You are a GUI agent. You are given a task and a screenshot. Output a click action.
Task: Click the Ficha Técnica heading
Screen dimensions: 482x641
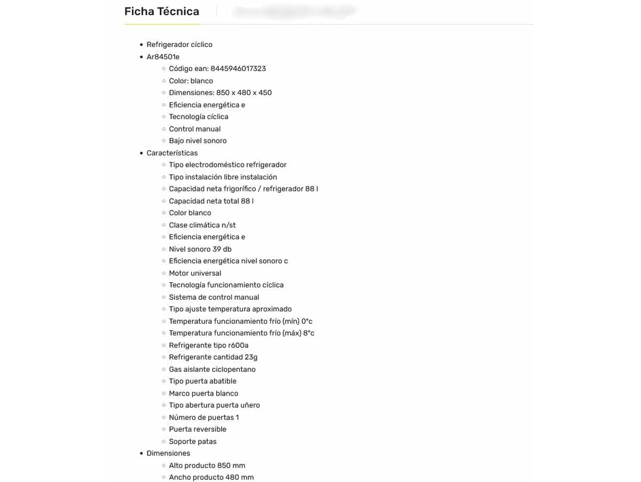click(162, 12)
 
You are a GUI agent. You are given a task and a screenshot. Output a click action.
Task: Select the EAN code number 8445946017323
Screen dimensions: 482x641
click(238, 68)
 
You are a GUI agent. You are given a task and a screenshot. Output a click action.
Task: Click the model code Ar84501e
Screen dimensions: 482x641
click(163, 57)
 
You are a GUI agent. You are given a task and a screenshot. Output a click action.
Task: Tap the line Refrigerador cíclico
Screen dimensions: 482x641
click(179, 44)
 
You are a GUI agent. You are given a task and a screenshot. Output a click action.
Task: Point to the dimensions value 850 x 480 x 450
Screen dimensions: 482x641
click(244, 92)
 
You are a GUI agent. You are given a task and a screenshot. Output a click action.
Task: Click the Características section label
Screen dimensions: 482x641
click(172, 153)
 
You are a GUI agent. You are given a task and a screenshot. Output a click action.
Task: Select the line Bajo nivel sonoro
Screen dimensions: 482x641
click(198, 141)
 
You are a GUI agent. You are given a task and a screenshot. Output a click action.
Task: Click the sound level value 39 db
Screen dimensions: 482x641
click(222, 249)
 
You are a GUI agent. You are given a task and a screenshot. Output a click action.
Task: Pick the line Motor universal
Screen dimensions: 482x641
click(195, 273)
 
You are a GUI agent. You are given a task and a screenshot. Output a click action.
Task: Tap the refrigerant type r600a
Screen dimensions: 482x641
click(238, 345)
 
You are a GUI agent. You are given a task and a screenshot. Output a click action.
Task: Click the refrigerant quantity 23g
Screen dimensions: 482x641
click(251, 357)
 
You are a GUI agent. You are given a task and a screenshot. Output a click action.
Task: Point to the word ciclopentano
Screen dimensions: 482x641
click(234, 369)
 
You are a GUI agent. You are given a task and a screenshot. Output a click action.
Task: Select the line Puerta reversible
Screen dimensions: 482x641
click(198, 429)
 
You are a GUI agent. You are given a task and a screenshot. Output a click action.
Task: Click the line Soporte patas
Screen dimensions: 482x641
click(193, 441)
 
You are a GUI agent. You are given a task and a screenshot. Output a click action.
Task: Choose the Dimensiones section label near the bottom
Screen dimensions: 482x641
click(168, 453)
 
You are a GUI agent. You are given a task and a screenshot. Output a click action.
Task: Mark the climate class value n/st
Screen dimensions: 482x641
click(229, 225)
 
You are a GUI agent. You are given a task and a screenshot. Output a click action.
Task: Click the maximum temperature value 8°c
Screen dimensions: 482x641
click(309, 333)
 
